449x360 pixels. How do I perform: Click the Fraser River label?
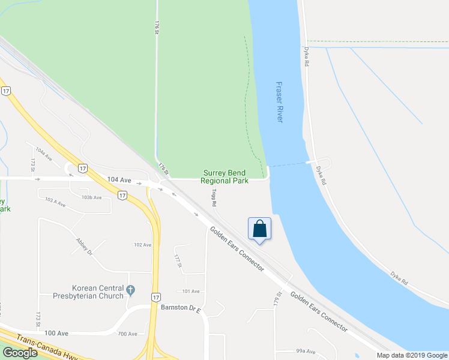click(279, 103)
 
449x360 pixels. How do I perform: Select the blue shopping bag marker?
click(259, 229)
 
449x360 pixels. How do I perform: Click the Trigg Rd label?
click(214, 199)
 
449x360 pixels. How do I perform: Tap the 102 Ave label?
click(142, 245)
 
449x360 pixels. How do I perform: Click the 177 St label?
click(178, 260)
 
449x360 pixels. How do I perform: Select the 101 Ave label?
click(191, 292)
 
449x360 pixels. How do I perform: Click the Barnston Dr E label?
click(180, 307)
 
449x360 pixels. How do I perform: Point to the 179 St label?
click(278, 298)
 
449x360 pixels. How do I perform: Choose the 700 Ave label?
click(128, 334)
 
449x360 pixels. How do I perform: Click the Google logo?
click(20, 353)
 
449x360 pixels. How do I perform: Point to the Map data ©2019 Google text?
click(411, 355)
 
